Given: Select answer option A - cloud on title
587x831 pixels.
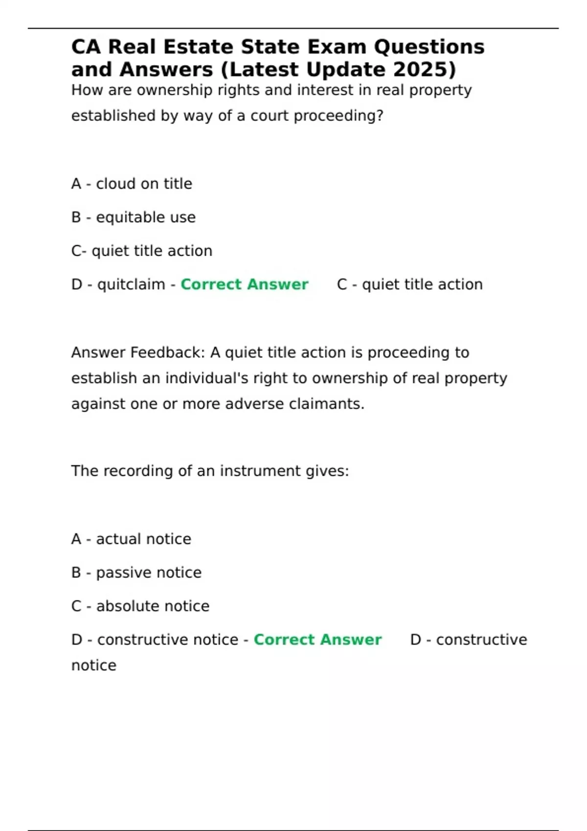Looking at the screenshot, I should click(x=132, y=184).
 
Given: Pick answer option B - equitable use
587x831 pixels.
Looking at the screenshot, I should click(x=133, y=217).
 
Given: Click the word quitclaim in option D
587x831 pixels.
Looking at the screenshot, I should click(x=131, y=284).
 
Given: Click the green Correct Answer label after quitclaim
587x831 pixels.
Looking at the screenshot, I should click(x=244, y=284).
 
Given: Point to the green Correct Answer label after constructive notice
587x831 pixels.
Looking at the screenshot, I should click(x=317, y=640).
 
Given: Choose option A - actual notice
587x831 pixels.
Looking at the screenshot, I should click(x=131, y=539).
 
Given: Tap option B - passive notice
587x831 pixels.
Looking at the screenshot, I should click(x=136, y=572).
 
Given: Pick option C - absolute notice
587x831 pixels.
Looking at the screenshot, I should click(x=140, y=606).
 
